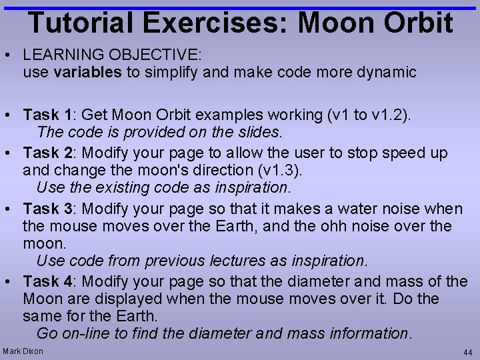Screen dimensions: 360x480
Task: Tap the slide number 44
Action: point(467,351)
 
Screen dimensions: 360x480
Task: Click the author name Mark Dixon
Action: point(23,351)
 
